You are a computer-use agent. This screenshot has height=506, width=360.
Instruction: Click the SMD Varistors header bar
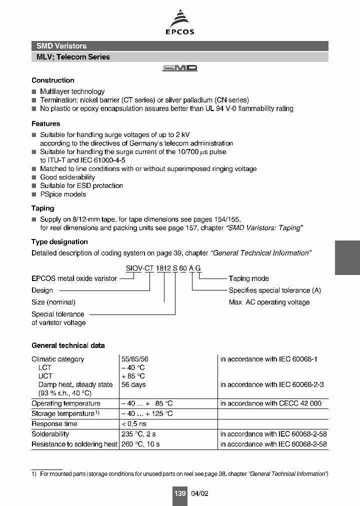(180, 46)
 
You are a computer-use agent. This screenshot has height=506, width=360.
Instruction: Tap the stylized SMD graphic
(180, 68)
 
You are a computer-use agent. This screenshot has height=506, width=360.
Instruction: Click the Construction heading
(53, 80)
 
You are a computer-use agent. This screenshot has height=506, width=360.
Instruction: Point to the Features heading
(46, 123)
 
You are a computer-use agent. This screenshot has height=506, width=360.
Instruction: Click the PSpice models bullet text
(63, 194)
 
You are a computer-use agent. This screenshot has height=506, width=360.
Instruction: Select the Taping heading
(43, 208)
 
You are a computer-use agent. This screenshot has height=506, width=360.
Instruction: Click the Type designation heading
(59, 242)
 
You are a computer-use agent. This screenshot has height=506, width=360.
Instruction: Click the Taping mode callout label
(248, 278)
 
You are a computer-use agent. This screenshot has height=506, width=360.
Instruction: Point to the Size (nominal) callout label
(53, 302)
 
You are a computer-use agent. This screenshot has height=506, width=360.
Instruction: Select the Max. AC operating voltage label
(269, 302)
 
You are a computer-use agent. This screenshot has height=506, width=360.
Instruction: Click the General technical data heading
(68, 345)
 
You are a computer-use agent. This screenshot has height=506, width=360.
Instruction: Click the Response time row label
(54, 423)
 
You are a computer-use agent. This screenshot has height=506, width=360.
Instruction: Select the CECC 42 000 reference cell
(271, 403)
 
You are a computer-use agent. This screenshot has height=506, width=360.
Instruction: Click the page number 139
(179, 493)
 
